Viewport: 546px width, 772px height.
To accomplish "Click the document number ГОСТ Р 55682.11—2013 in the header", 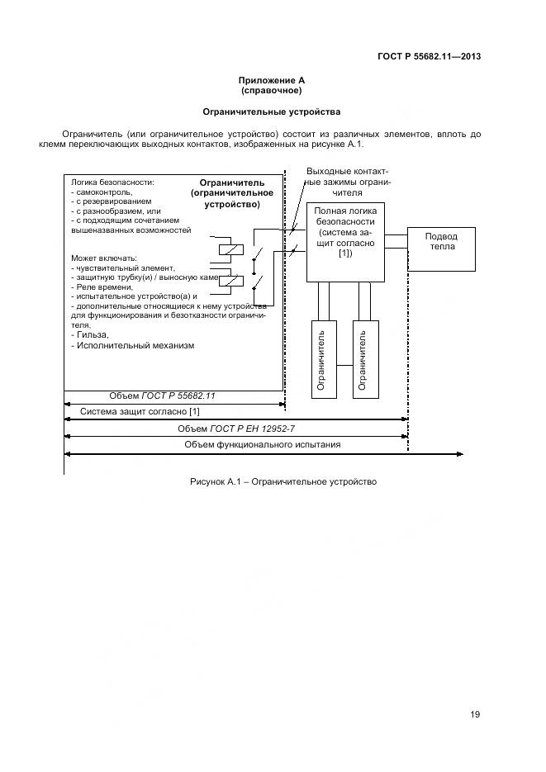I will click(429, 57).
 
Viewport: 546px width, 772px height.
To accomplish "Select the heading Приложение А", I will click(272, 80).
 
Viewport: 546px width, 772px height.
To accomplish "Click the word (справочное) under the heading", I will click(272, 90).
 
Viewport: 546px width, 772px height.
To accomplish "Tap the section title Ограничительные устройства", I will click(272, 111).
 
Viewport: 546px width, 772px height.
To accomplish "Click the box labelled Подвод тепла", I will click(441, 247).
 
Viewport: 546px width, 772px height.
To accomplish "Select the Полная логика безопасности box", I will click(344, 240).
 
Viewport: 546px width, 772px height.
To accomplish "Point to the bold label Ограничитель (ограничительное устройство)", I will click(231, 192).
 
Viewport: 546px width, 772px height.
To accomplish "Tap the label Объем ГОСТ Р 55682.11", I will click(162, 395).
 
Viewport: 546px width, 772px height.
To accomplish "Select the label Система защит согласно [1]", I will click(139, 411).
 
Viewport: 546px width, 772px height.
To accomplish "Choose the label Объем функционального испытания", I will click(262, 444).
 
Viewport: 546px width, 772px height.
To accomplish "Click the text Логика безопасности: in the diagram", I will click(112, 182).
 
